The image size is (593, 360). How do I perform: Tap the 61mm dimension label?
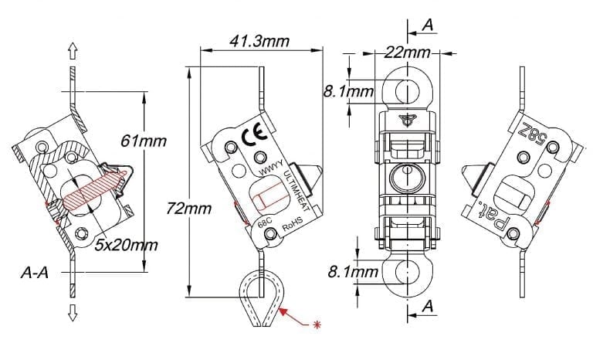pos(144,141)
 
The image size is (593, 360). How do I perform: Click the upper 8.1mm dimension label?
pos(348,92)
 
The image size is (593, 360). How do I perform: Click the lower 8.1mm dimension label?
pos(353,271)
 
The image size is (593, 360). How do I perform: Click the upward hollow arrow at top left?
pos(73,51)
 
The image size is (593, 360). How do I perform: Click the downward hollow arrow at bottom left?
pos(73,312)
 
